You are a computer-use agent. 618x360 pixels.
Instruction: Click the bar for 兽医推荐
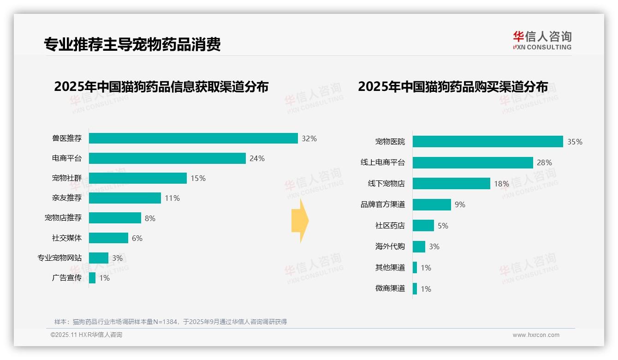[x=193, y=138]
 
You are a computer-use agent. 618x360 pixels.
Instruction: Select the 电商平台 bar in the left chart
[x=167, y=158]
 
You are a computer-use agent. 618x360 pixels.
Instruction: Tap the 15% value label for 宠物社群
[x=198, y=178]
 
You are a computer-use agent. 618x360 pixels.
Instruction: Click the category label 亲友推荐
[x=67, y=198]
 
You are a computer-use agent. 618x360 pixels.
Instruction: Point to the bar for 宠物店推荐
[x=115, y=218]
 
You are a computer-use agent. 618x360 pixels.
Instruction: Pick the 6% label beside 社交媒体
[x=137, y=238]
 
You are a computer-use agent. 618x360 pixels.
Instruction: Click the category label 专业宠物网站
[x=59, y=258]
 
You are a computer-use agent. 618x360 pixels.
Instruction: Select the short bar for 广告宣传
[x=92, y=278]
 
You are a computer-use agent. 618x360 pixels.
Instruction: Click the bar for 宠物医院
[x=487, y=142]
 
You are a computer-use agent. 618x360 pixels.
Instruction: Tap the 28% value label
[x=544, y=162]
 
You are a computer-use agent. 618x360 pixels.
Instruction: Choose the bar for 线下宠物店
[x=451, y=184]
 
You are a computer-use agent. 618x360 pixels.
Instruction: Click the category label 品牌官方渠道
[x=383, y=204]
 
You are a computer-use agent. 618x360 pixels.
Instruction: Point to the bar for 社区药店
[x=423, y=226]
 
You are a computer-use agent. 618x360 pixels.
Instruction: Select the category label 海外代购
[x=390, y=246]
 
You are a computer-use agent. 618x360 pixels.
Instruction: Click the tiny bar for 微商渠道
[x=415, y=289]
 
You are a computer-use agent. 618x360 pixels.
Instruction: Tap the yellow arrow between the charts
[x=300, y=221]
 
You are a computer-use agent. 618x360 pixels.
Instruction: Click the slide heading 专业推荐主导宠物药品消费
[x=132, y=44]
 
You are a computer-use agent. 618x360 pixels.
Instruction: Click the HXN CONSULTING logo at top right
[x=542, y=41]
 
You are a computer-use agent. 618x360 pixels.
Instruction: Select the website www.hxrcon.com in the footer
[x=536, y=335]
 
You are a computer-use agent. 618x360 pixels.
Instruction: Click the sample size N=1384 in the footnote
[x=162, y=322]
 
